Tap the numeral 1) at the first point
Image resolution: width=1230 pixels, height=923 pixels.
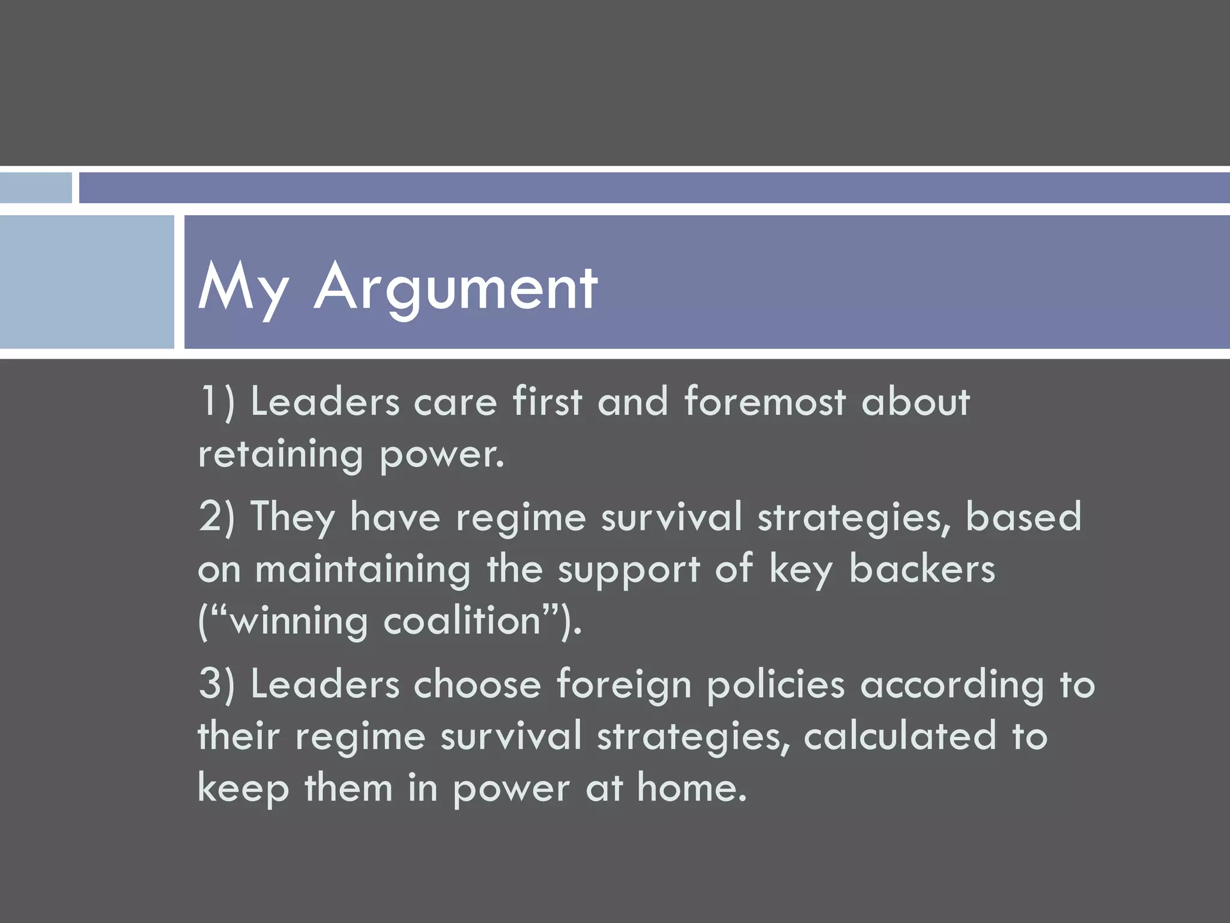pos(217,401)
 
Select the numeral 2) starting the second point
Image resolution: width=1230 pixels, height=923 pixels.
pos(217,517)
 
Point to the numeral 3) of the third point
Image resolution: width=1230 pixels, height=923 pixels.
pos(217,684)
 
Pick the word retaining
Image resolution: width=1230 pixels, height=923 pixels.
pos(280,455)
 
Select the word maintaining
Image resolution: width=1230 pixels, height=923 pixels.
pos(363,570)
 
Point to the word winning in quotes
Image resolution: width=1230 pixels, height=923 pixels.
pos(298,621)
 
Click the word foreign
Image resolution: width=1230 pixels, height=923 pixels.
pos(624,686)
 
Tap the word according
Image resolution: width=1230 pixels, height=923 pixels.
pos(952,686)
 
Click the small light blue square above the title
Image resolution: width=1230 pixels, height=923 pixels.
pos(35,188)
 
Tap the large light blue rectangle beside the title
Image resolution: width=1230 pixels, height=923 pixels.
pos(86,282)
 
